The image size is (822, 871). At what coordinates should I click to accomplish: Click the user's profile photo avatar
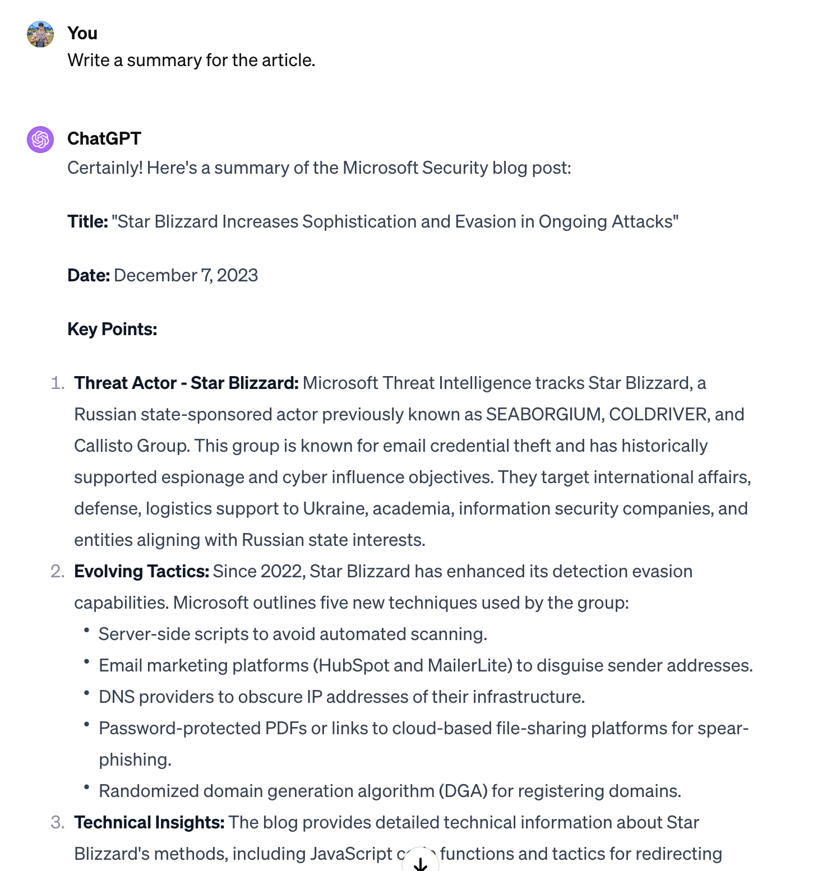click(40, 34)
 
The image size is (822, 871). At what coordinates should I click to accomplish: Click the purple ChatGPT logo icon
click(40, 140)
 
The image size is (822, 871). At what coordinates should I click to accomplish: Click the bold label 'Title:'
click(87, 222)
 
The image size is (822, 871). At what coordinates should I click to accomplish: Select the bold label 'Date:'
click(89, 276)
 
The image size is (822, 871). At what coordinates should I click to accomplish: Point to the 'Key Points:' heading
click(112, 330)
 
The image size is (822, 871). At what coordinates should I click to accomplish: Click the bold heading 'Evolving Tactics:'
click(142, 572)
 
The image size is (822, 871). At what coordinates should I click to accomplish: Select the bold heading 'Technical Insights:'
click(149, 823)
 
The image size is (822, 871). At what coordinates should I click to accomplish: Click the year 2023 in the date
click(237, 276)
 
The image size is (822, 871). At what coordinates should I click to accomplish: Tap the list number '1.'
click(58, 383)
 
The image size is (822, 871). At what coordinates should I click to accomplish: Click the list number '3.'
click(58, 823)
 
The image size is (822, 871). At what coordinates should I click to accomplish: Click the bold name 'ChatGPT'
click(104, 139)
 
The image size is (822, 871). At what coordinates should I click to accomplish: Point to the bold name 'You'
click(82, 34)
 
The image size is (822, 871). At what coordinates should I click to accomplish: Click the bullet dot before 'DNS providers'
click(86, 693)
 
